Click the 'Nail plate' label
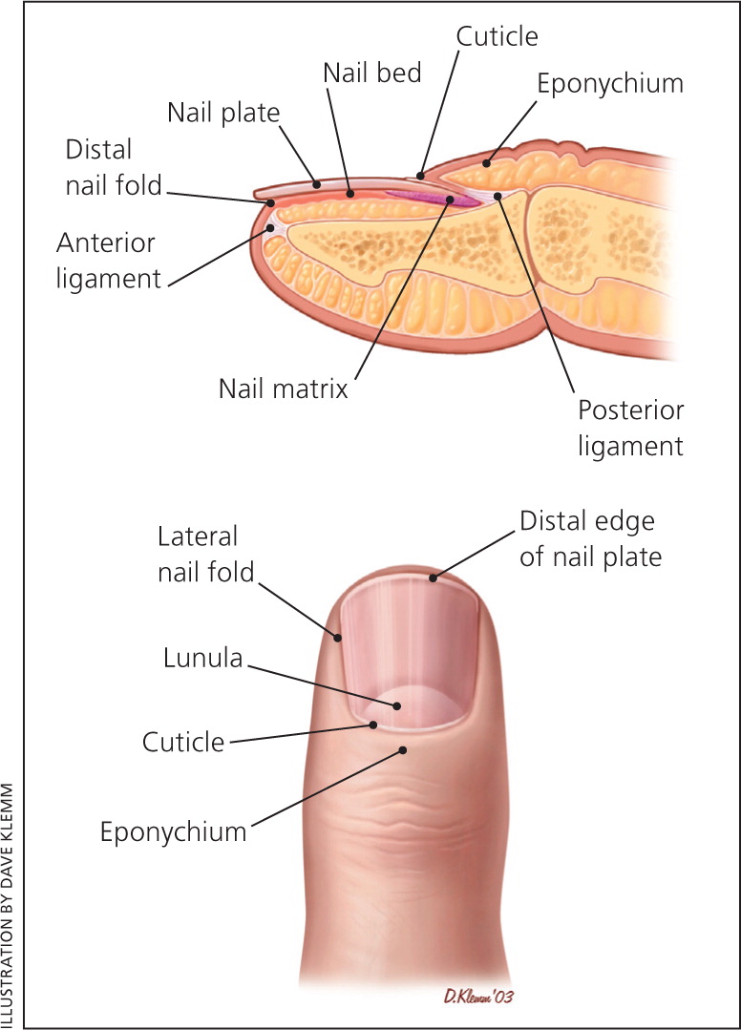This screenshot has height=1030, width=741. tap(223, 113)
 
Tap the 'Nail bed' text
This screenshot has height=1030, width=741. tap(371, 74)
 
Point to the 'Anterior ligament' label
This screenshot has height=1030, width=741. tap(108, 261)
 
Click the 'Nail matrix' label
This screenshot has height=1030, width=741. tap(284, 389)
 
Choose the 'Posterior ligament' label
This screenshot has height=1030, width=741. tap(630, 428)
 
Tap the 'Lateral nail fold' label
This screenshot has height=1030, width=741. tap(204, 555)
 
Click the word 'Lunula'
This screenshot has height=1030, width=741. tap(202, 659)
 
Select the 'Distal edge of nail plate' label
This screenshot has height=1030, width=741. tap(590, 539)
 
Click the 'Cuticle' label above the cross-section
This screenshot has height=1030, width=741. tap(497, 36)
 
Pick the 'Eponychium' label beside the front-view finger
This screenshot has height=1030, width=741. tap(173, 831)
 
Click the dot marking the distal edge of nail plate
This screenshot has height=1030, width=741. tap(433, 577)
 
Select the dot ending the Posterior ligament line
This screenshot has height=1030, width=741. tap(497, 197)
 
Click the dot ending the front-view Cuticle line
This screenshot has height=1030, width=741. tap(374, 725)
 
